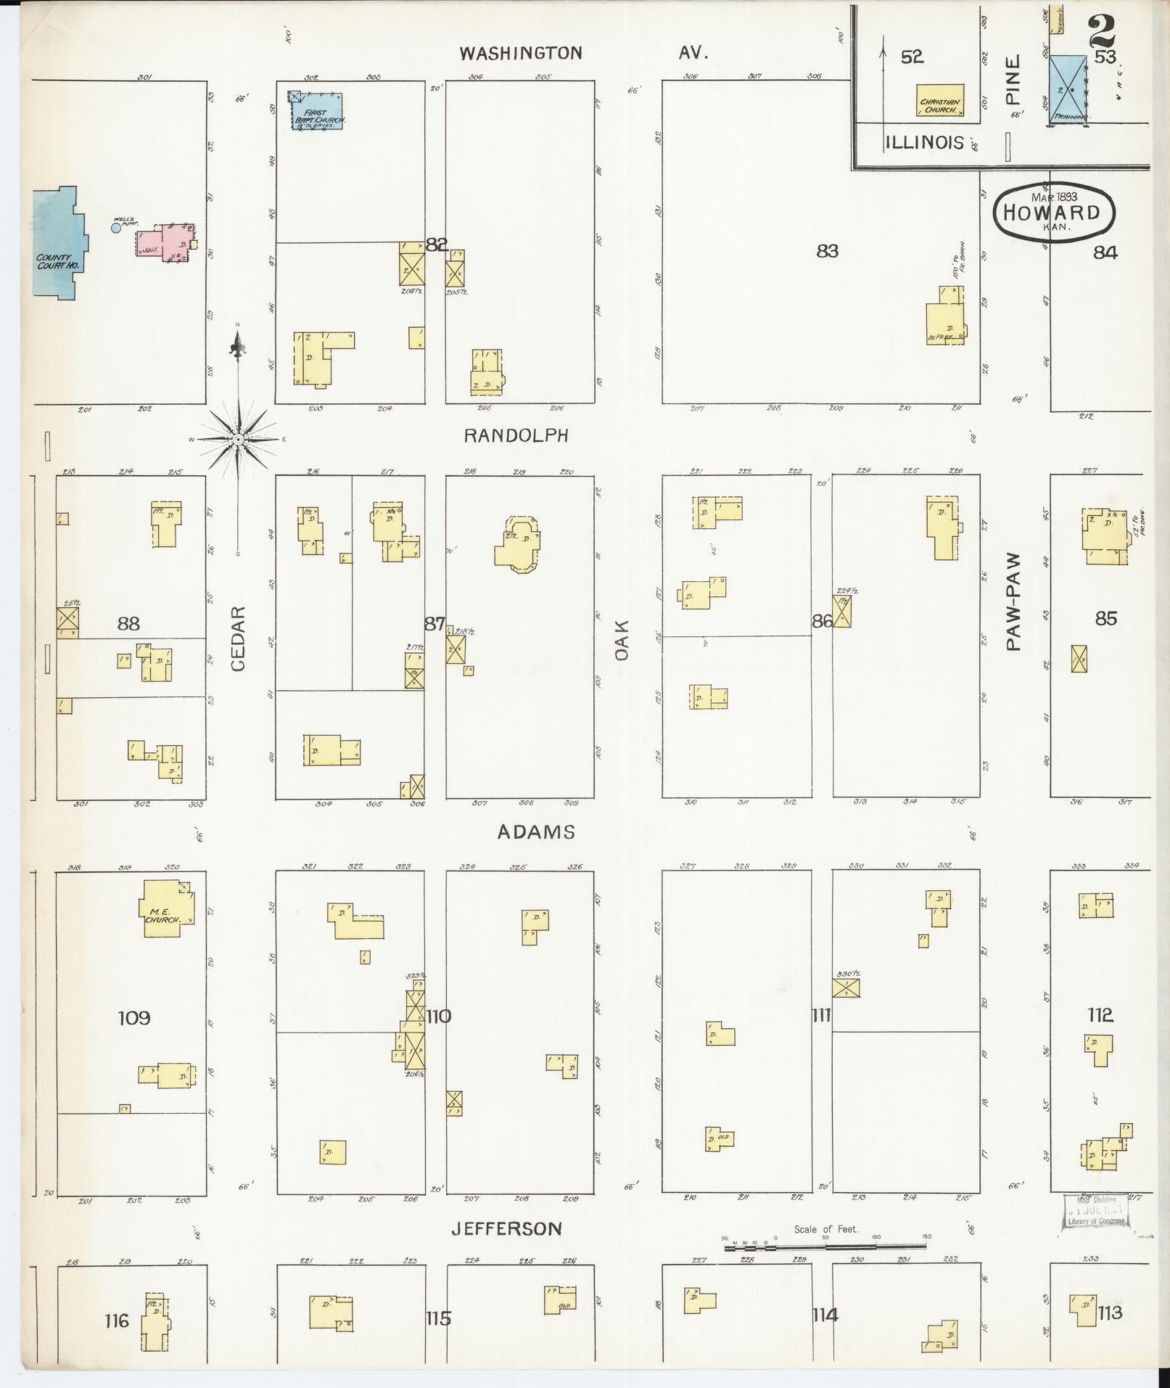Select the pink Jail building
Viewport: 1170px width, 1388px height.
(164, 242)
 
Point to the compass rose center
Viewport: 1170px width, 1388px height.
(238, 439)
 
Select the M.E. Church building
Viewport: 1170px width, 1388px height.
(168, 909)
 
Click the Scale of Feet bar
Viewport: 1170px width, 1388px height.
(825, 1247)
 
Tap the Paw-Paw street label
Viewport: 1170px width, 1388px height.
(1013, 601)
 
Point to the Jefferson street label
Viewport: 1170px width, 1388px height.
(506, 1228)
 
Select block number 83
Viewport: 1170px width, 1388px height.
(827, 251)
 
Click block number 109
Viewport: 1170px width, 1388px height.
(134, 1018)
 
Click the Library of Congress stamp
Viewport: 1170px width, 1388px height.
(1096, 1210)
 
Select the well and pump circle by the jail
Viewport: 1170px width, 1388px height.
(115, 229)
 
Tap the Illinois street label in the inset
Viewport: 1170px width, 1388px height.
(924, 141)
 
